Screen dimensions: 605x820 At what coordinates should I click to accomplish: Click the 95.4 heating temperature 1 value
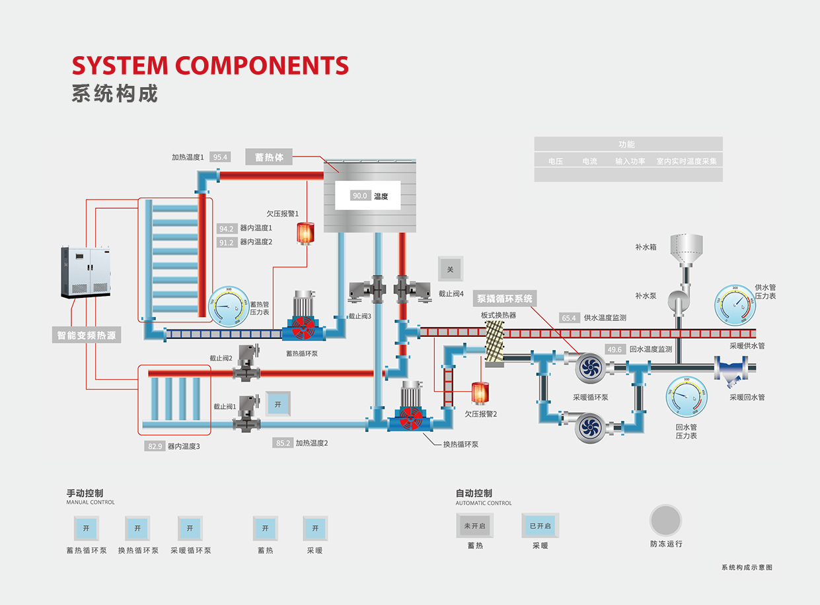[x=220, y=157]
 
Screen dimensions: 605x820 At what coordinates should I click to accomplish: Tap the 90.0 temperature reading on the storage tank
[x=359, y=196]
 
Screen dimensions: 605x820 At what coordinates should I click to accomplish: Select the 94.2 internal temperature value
[x=226, y=229]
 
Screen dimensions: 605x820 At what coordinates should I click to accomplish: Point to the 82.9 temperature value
[x=155, y=446]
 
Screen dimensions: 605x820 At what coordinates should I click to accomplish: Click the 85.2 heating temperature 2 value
[x=283, y=443]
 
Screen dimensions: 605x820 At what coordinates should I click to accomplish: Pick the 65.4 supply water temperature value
[x=568, y=318]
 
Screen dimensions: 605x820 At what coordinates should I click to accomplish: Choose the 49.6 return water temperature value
[x=615, y=349]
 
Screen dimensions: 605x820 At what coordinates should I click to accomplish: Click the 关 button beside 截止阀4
[x=451, y=269]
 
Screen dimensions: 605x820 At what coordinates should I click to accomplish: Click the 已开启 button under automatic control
[x=540, y=526]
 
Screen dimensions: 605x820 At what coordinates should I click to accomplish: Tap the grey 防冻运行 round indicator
[x=665, y=520]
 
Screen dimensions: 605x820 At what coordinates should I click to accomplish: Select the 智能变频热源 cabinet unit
[x=85, y=272]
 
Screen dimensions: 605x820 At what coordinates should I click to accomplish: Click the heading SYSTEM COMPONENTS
[x=210, y=65]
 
